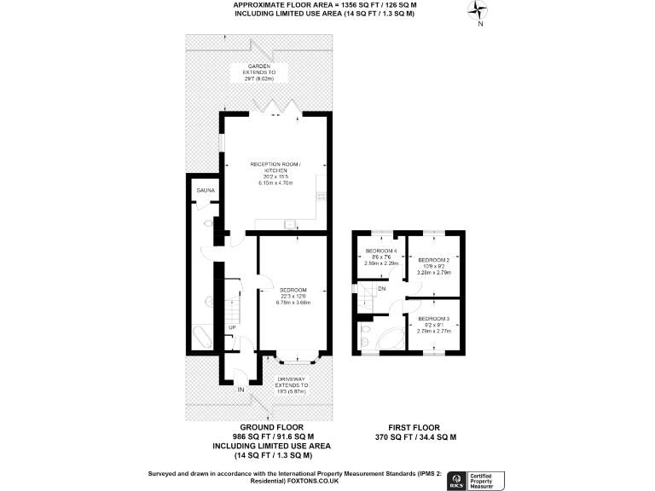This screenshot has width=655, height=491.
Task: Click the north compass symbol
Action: click(479, 12)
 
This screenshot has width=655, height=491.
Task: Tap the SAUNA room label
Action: click(205, 190)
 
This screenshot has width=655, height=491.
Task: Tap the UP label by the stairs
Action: click(231, 327)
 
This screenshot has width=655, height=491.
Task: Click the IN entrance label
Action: click(241, 390)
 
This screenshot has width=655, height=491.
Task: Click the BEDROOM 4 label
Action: click(381, 251)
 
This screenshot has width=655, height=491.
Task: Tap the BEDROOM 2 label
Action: click(435, 260)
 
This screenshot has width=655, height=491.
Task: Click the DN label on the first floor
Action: click(382, 288)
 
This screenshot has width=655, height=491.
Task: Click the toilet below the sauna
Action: click(208, 222)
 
